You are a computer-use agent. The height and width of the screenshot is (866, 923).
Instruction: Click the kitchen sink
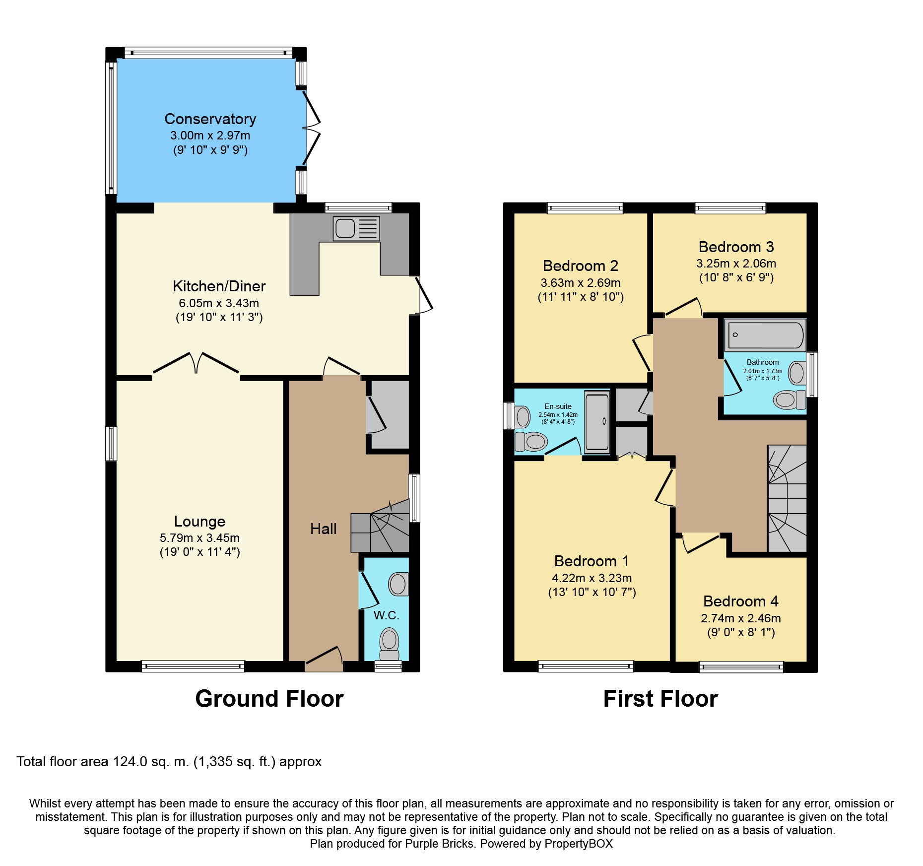click(356, 229)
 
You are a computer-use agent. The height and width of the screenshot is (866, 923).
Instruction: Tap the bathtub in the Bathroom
click(765, 335)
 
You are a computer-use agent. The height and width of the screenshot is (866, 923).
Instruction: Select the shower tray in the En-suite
click(597, 422)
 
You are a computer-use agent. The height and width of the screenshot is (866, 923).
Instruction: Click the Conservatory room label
click(210, 119)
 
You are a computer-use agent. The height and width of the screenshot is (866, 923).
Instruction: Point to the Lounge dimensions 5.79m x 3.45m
click(199, 538)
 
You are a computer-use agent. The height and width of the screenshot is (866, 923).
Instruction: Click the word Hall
click(323, 529)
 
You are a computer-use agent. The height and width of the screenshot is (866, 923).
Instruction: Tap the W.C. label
click(386, 615)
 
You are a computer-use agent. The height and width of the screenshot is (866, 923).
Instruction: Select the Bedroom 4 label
click(740, 601)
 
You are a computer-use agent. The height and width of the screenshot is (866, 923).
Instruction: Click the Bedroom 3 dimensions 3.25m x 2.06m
click(736, 264)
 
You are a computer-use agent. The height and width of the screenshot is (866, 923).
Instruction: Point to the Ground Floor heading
click(269, 699)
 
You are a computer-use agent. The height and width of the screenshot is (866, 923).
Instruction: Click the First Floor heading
click(660, 699)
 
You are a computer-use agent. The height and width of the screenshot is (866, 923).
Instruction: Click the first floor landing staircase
click(787, 499)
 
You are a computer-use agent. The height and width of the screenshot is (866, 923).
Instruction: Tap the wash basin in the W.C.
click(397, 584)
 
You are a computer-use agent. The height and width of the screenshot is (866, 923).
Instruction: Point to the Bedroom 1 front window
click(586, 666)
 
